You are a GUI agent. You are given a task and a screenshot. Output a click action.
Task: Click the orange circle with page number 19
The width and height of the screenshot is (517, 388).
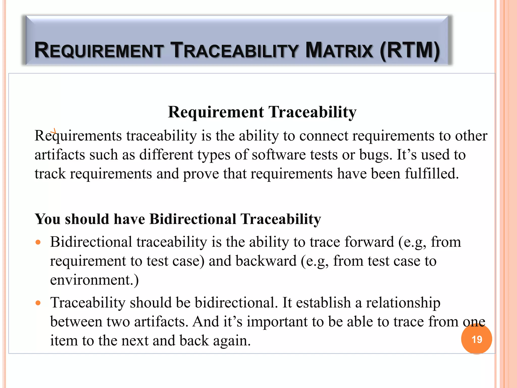[476, 339]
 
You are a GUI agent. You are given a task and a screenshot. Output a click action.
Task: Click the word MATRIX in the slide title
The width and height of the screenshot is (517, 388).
[339, 50]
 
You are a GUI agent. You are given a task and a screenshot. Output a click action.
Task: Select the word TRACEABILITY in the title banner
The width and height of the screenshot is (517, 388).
[235, 50]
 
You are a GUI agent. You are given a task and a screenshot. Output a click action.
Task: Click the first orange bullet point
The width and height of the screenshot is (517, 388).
[38, 243]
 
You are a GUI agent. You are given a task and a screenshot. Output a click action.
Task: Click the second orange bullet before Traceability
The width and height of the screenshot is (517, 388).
[38, 303]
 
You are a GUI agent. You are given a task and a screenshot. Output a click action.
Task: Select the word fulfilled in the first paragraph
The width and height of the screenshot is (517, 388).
[432, 174]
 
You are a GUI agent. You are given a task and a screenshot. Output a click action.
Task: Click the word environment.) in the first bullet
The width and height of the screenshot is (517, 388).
[94, 280]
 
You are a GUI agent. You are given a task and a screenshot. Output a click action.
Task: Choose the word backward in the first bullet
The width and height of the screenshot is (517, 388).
[266, 261]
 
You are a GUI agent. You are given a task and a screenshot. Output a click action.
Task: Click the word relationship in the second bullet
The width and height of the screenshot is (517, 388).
[403, 303]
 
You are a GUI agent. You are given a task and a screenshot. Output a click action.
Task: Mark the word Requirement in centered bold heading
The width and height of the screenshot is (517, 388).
[216, 112]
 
